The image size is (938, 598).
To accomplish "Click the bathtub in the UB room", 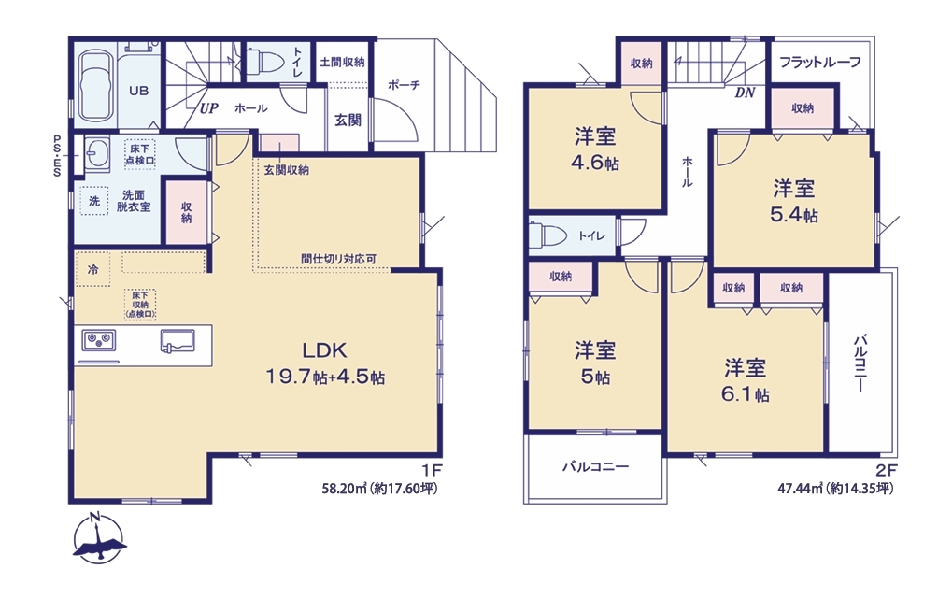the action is (95, 85).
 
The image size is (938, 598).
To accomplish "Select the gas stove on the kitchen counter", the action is (99, 341).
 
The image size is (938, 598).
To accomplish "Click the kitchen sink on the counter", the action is (178, 340).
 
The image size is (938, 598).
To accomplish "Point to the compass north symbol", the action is (99, 537).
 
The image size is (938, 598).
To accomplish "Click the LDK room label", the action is (324, 349).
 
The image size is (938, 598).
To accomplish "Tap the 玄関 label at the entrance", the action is (348, 121).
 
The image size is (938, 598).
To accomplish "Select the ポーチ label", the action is (404, 85).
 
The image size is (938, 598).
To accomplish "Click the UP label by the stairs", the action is (208, 108).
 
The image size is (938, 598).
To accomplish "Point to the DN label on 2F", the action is (745, 93).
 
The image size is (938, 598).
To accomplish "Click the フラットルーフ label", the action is (820, 63).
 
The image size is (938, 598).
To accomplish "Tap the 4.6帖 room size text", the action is (594, 163).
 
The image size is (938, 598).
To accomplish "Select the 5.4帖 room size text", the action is (794, 215).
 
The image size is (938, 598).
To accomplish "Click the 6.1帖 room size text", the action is (746, 394).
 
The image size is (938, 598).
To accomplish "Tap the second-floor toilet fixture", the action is (547, 235).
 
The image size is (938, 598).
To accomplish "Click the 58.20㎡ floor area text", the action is (344, 490).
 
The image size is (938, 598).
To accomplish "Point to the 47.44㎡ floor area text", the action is (800, 489).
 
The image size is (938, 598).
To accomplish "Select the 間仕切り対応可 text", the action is (338, 259).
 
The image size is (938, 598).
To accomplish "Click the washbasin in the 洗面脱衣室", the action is (95, 152).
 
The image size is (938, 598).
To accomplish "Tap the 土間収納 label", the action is (342, 62).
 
